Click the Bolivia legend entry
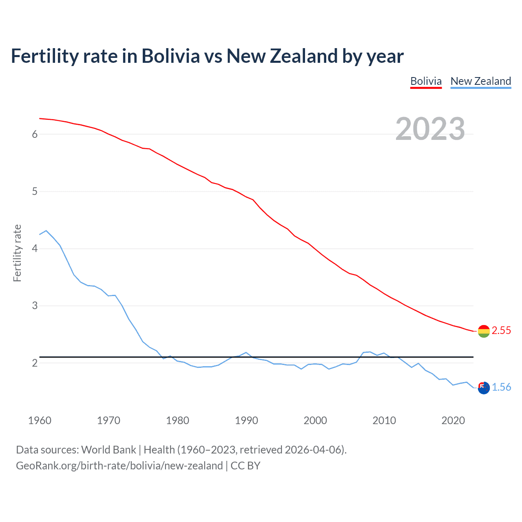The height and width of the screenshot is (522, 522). (426, 81)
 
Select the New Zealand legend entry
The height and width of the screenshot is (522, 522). (480, 81)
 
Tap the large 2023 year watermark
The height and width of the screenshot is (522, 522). (430, 129)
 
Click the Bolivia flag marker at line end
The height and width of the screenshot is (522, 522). (484, 331)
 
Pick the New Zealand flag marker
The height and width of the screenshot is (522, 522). (484, 388)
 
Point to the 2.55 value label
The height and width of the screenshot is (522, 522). (501, 330)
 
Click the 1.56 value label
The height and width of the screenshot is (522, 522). (501, 387)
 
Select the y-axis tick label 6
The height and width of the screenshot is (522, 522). (35, 134)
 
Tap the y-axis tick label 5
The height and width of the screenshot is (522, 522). (35, 191)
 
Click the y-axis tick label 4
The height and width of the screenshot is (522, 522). (35, 248)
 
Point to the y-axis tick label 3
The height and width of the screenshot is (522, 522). (35, 305)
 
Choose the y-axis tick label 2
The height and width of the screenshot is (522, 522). (35, 363)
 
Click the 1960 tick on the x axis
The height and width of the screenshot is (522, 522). (40, 420)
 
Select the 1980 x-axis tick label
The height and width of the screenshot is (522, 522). (177, 420)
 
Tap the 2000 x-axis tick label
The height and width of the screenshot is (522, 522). (315, 420)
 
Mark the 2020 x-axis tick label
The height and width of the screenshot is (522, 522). (453, 420)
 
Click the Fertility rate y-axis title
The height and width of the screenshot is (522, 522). (17, 253)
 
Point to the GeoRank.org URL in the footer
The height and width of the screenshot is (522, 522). (119, 466)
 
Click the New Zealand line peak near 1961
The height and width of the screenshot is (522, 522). (46, 231)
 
